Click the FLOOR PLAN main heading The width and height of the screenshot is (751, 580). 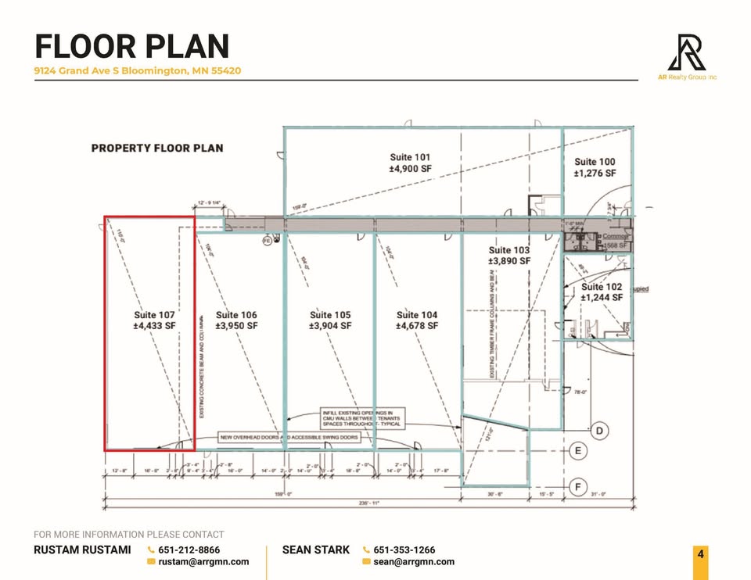click(x=131, y=46)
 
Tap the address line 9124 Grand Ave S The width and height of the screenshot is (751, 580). click(x=137, y=70)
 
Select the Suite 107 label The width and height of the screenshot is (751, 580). click(x=154, y=320)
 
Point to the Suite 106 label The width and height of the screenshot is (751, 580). click(x=236, y=320)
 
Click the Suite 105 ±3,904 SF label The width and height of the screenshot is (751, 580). click(x=329, y=320)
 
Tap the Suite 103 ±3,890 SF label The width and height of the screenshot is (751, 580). click(x=509, y=255)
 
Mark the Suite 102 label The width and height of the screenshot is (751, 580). click(x=602, y=292)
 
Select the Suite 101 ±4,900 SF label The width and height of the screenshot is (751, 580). click(x=410, y=163)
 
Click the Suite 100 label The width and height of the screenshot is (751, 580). click(x=595, y=167)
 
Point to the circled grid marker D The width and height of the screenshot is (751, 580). click(x=599, y=431)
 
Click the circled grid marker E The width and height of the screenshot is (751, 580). click(x=578, y=451)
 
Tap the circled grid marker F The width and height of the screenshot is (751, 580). click(x=578, y=487)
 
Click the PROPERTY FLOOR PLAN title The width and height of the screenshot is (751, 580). click(x=157, y=148)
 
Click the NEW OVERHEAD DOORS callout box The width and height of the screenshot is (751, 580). click(x=289, y=438)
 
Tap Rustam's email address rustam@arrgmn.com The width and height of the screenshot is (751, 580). click(x=203, y=561)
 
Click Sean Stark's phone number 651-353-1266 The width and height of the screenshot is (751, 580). click(x=404, y=550)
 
